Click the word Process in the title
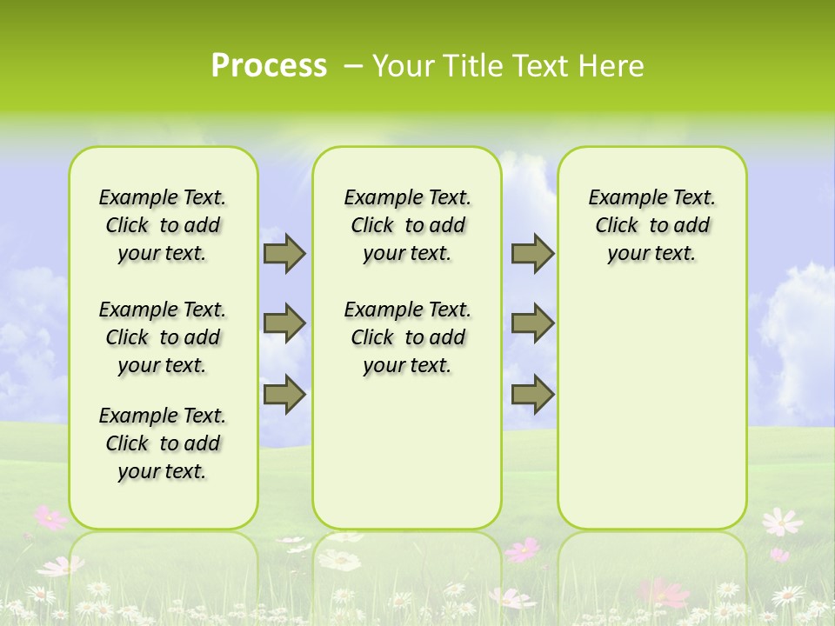pyautogui.click(x=269, y=65)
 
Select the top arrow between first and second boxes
pyautogui.click(x=284, y=253)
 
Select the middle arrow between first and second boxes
pyautogui.click(x=284, y=323)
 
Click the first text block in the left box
pyautogui.click(x=163, y=225)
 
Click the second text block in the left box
pyautogui.click(x=163, y=337)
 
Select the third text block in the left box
pyautogui.click(x=163, y=443)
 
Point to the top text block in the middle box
pyautogui.click(x=407, y=225)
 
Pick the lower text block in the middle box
pyautogui.click(x=407, y=337)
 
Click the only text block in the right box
pyautogui.click(x=651, y=225)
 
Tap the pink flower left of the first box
pyautogui.click(x=50, y=518)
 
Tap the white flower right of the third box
pyautogui.click(x=781, y=521)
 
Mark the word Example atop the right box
pyautogui.click(x=621, y=197)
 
